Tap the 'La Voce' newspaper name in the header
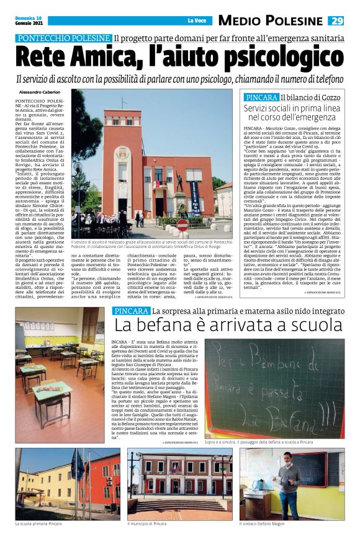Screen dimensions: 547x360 click(197, 21)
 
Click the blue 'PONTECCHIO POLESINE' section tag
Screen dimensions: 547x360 click(64, 38)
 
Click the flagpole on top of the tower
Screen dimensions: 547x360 click(124, 102)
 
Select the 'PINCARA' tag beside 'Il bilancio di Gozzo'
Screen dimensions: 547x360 click(261, 98)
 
